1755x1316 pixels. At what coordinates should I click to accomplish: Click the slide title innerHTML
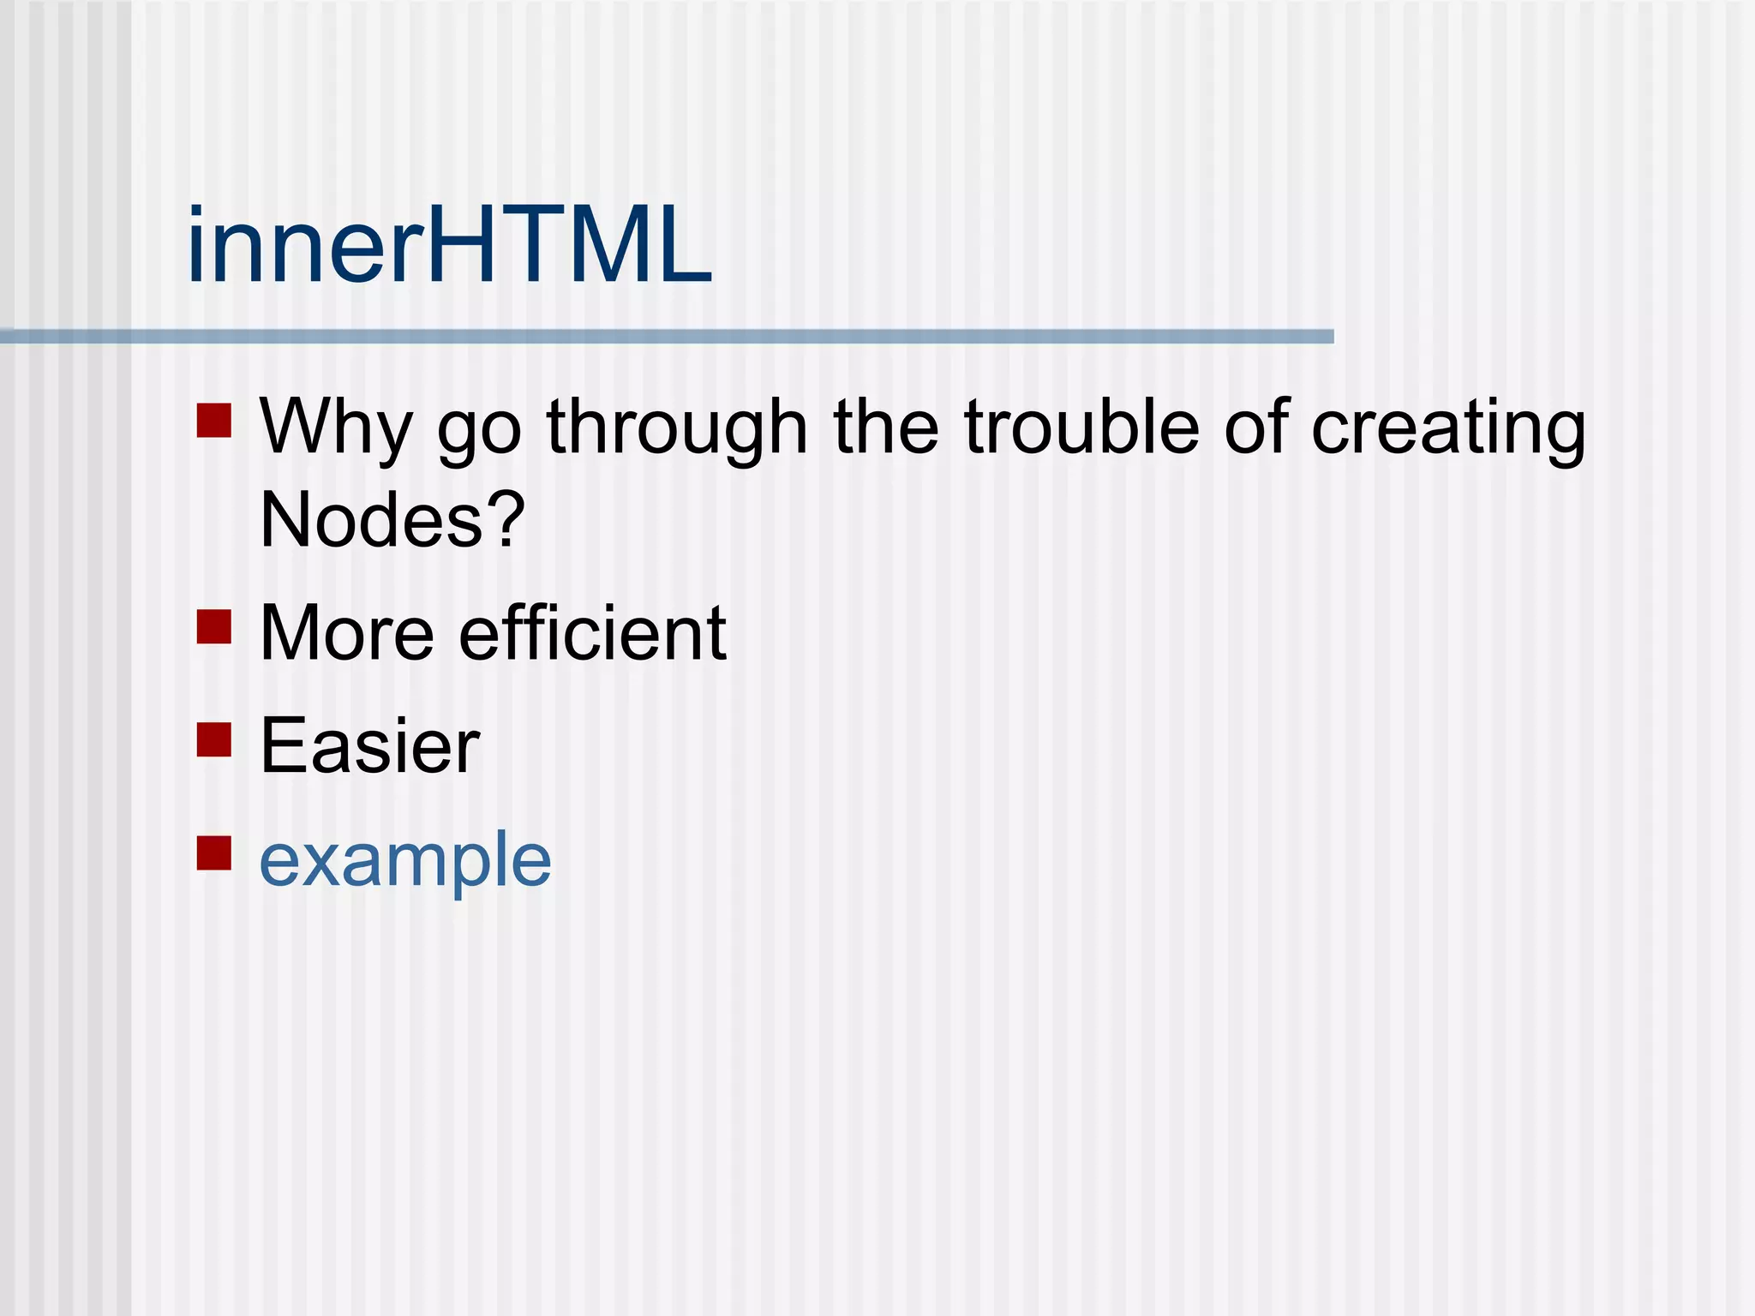(449, 247)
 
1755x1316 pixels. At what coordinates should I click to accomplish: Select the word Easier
(369, 745)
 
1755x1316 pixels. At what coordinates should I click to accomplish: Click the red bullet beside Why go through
(214, 421)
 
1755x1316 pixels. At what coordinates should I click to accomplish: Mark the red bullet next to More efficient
(214, 626)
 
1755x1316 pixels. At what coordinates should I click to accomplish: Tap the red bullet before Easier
(214, 740)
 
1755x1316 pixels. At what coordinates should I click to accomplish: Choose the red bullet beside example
(214, 852)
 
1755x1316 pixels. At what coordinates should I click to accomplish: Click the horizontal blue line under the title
(667, 337)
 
